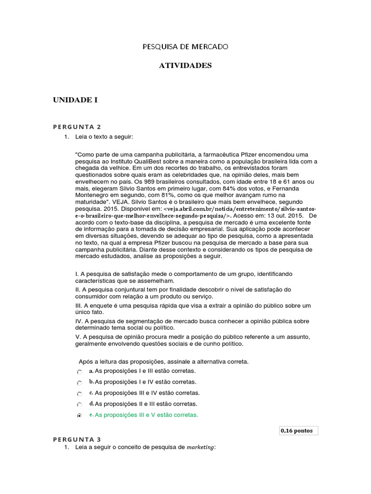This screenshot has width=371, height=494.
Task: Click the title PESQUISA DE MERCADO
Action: (x=185, y=47)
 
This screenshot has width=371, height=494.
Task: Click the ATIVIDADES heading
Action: (x=185, y=65)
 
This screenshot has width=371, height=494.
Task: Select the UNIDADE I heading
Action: (x=75, y=100)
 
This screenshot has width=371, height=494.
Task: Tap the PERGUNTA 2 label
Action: (x=77, y=127)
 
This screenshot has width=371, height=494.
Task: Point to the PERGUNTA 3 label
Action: (x=77, y=439)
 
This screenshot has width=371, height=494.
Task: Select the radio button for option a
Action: (x=79, y=372)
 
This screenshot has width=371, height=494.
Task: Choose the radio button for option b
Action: (x=79, y=383)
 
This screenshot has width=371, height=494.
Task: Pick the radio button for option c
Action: (x=79, y=394)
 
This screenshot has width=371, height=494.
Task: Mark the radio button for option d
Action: (x=79, y=404)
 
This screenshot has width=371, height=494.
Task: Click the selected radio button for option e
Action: (x=79, y=415)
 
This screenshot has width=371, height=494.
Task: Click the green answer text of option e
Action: (x=146, y=415)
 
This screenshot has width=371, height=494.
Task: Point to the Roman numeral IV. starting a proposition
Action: (x=79, y=321)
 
